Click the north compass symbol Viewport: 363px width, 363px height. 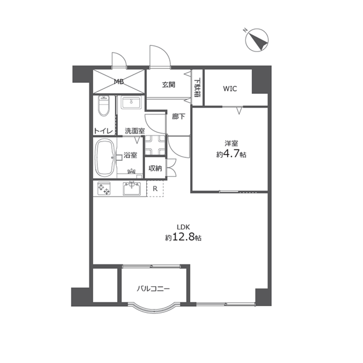click(x=257, y=40)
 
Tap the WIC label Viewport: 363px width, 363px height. click(x=230, y=88)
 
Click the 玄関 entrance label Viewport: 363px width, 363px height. click(x=169, y=85)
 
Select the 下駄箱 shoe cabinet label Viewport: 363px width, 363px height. click(x=198, y=88)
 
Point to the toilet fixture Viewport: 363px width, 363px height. click(x=104, y=106)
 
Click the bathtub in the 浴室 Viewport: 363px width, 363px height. click(x=105, y=158)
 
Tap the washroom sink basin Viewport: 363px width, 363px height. click(x=131, y=103)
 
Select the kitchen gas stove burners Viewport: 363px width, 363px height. click(x=104, y=188)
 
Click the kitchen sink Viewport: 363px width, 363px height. click(x=132, y=188)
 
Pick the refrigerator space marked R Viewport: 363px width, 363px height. click(x=155, y=189)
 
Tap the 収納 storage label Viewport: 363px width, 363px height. click(x=155, y=168)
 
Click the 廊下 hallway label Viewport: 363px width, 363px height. click(x=178, y=116)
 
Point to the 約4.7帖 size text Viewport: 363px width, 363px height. click(x=231, y=154)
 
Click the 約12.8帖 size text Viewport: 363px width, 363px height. click(x=183, y=238)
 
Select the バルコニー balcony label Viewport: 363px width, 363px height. click(x=153, y=289)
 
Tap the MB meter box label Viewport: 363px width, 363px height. click(x=118, y=82)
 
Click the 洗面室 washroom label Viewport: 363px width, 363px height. click(x=135, y=131)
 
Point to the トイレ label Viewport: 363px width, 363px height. click(x=103, y=131)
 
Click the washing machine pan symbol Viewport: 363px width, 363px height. click(x=155, y=145)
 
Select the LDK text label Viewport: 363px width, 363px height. click(x=184, y=227)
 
